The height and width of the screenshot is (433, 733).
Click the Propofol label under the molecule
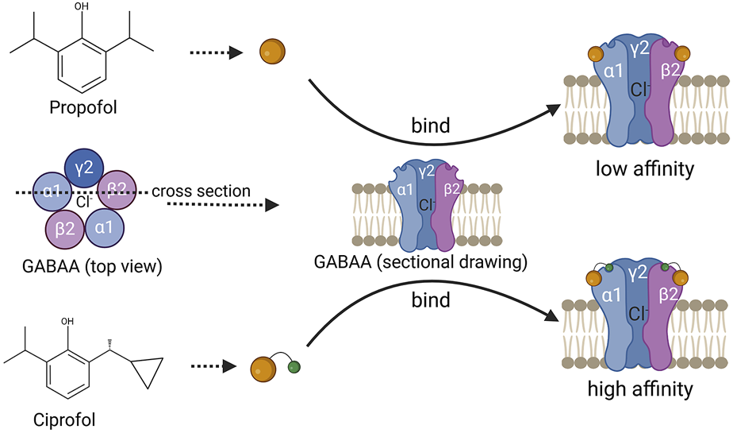tap(83, 106)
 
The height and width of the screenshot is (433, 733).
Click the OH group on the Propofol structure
tap(83, 8)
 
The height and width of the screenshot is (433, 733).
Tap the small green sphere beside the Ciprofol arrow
tap(294, 366)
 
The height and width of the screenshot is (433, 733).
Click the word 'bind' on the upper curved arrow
tap(431, 126)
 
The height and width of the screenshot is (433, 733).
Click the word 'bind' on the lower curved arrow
tap(431, 300)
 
